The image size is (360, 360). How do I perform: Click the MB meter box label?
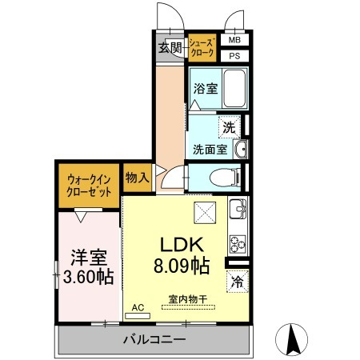click(234, 40)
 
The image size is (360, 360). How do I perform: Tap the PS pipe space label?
click(234, 56)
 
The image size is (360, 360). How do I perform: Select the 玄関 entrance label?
click(170, 48)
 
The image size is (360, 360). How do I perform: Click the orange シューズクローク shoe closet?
click(202, 48)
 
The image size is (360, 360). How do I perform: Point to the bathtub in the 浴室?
click(234, 89)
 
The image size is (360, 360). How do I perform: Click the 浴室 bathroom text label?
click(206, 88)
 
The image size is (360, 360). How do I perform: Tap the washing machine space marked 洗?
click(230, 127)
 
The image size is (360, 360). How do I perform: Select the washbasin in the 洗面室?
click(241, 150)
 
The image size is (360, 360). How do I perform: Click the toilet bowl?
click(225, 178)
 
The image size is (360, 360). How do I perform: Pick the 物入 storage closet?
click(137, 178)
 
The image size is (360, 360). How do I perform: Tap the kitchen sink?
click(238, 209)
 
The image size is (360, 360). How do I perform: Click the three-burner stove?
click(238, 244)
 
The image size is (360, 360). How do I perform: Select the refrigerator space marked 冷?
click(238, 282)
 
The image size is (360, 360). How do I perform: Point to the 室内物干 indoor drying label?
click(188, 299)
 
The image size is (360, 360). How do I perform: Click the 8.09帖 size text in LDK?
click(182, 266)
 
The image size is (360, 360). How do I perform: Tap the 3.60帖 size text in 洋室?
click(89, 277)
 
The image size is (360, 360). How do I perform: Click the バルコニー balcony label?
click(154, 339)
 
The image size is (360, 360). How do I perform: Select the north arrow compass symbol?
click(291, 339)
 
